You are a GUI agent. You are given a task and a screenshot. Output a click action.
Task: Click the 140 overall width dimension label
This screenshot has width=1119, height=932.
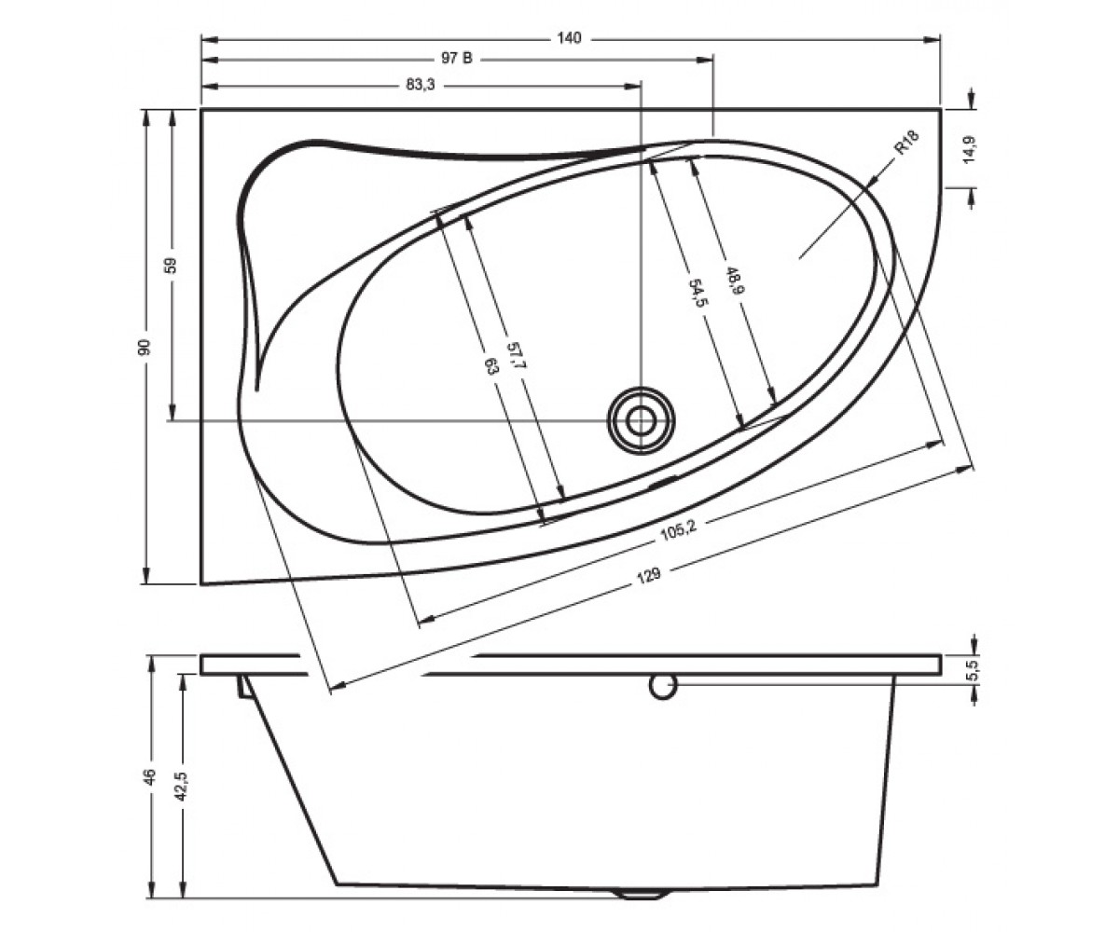[x=569, y=38]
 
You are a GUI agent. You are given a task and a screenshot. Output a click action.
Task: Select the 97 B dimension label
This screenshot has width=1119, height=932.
[x=457, y=59]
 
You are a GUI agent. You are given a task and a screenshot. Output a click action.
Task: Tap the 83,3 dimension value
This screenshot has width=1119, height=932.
[x=421, y=85]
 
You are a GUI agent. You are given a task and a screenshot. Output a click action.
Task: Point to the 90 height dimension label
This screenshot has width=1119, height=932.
[x=145, y=347]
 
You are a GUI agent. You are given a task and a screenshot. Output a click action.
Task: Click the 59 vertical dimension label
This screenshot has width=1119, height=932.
[x=171, y=265]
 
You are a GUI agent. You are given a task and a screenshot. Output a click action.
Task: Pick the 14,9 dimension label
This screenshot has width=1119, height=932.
[x=971, y=150]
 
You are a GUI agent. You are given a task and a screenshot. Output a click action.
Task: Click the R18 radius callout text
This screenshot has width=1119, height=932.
[x=907, y=143]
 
